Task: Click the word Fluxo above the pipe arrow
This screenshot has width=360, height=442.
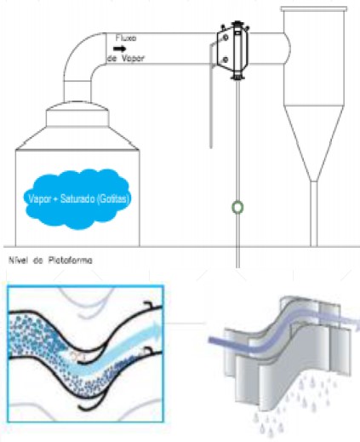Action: pyautogui.click(x=126, y=37)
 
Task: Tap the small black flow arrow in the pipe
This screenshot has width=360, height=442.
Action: pyautogui.click(x=120, y=49)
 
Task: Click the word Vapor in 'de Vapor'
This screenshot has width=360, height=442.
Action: pyautogui.click(x=134, y=58)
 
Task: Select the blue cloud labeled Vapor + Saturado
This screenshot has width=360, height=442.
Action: pyautogui.click(x=77, y=198)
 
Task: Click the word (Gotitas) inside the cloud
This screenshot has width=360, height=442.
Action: pyautogui.click(x=113, y=198)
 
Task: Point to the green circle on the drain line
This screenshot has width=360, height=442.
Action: pyautogui.click(x=237, y=207)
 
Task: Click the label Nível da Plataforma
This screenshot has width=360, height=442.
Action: pyautogui.click(x=50, y=260)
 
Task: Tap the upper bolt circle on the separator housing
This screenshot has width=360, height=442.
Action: pyautogui.click(x=226, y=37)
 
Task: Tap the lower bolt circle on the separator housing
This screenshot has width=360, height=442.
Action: pyautogui.click(x=226, y=60)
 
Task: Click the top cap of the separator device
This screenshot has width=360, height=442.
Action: pyautogui.click(x=237, y=24)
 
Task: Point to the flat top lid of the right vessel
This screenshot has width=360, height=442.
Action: pyautogui.click(x=314, y=9)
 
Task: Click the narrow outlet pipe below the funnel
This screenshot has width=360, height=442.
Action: pyautogui.click(x=313, y=214)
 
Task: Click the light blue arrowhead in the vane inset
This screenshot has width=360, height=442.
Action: pyautogui.click(x=155, y=330)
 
